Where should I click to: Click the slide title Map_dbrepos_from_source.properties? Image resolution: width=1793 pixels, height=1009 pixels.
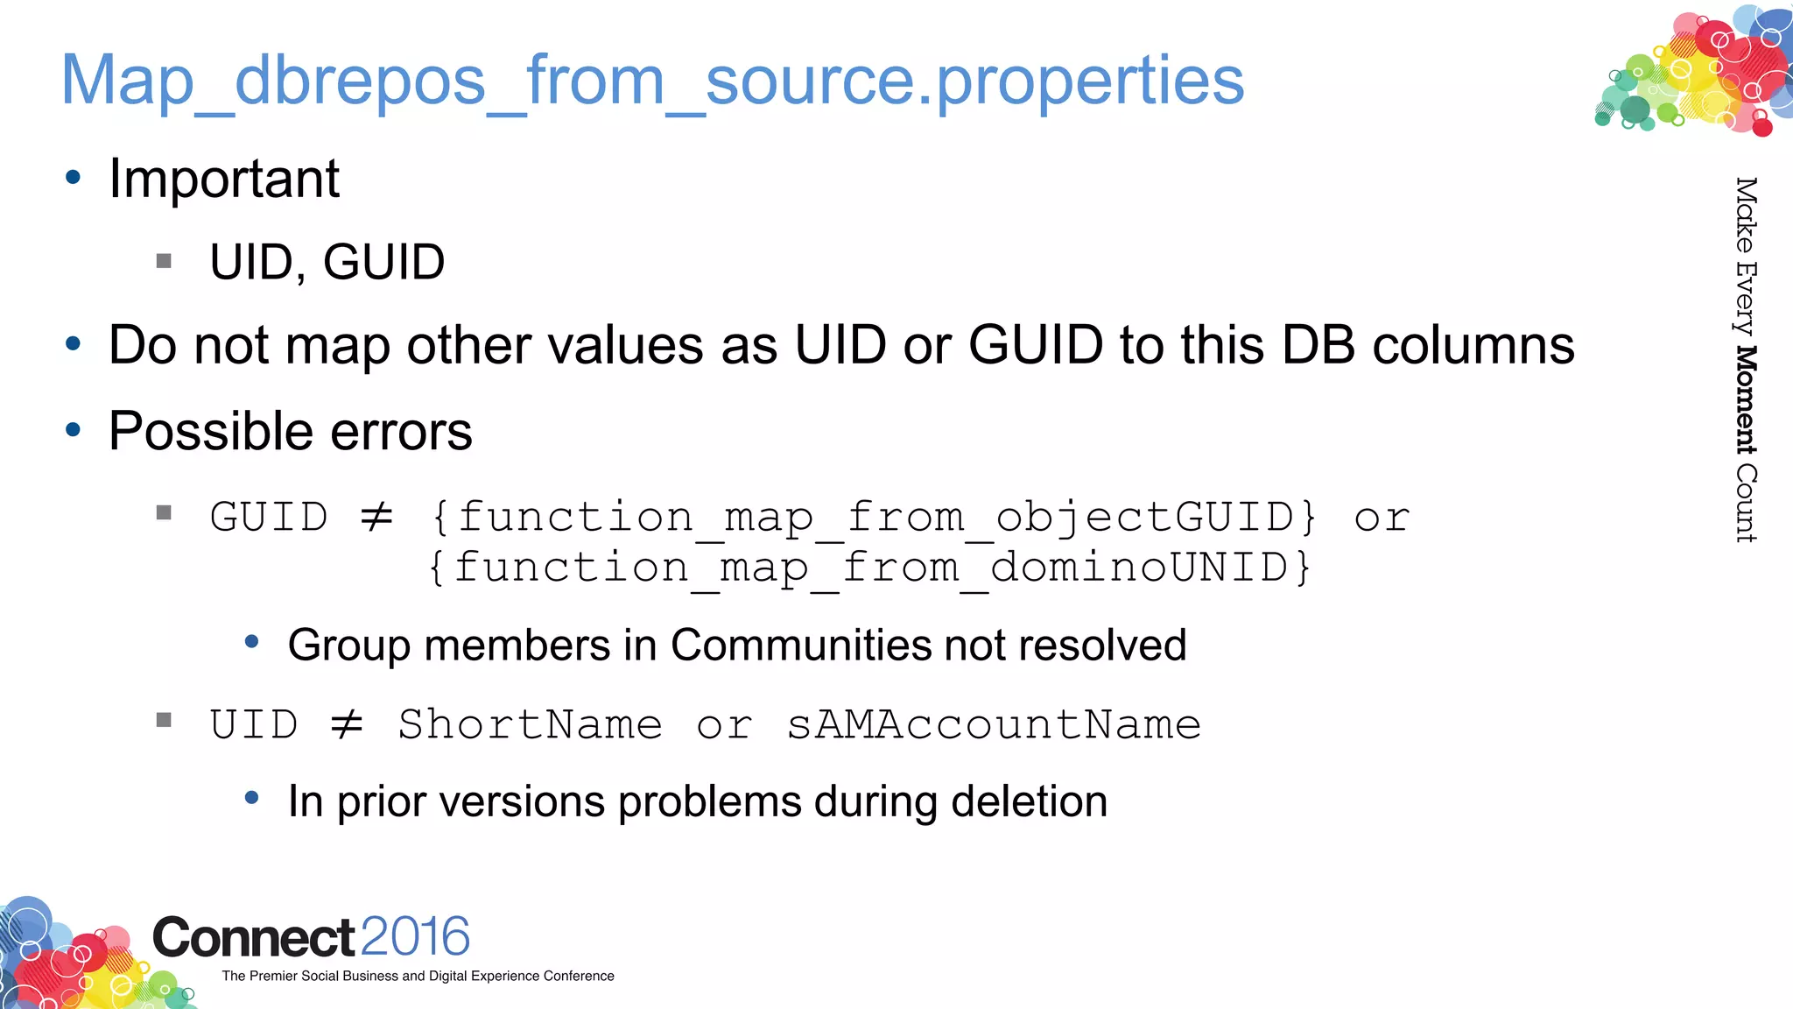[652, 81]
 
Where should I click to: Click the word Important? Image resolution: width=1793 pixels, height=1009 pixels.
[224, 180]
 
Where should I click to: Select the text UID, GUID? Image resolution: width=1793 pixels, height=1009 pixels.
[327, 263]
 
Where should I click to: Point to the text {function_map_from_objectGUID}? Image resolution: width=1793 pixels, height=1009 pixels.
[874, 517]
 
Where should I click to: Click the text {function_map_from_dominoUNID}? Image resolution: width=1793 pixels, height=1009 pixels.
[869, 568]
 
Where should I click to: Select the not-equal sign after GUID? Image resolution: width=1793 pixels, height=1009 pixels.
[377, 517]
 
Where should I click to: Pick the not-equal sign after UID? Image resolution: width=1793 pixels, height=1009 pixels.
[347, 724]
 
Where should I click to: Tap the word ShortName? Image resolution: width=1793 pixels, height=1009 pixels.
[530, 724]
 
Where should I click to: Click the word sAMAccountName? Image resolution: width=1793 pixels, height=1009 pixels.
[994, 724]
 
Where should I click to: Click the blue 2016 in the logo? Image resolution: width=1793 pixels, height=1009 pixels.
[415, 936]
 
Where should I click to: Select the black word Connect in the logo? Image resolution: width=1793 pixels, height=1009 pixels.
[254, 938]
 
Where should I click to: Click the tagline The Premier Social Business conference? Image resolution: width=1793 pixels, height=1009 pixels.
[418, 976]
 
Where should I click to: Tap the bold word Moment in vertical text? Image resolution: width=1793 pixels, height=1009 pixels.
[1746, 400]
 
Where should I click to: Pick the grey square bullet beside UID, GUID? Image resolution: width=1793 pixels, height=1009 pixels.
[164, 261]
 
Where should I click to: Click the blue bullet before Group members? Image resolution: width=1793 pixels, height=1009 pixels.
[252, 642]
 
